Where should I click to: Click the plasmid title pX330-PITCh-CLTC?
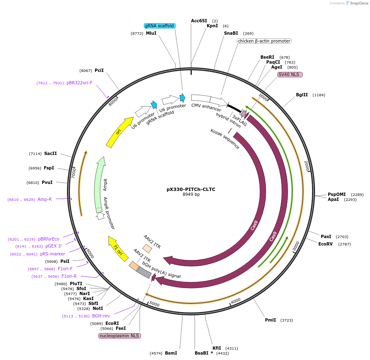[191, 189]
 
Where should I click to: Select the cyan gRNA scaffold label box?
[160, 26]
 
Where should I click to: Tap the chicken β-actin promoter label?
[264, 41]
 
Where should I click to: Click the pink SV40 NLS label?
[290, 74]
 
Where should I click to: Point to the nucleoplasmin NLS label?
[119, 336]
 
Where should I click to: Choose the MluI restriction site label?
[151, 33]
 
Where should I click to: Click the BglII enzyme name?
[302, 95]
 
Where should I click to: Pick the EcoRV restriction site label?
[325, 244]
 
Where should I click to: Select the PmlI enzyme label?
[270, 320]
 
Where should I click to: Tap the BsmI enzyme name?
[171, 353]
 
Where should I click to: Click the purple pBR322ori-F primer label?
[79, 83]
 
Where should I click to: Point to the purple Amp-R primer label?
[45, 199]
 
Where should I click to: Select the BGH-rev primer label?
[101, 316]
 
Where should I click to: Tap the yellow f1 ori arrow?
[118, 248]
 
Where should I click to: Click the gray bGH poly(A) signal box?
[144, 272]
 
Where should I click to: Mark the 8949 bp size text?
[191, 194]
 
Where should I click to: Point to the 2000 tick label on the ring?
[306, 166]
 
